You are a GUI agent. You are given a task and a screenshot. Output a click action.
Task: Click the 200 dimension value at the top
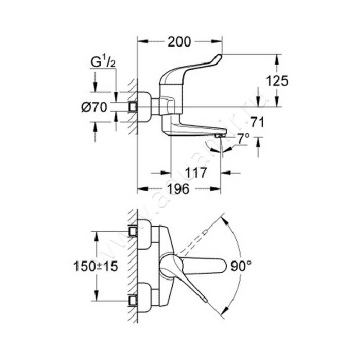[180, 42]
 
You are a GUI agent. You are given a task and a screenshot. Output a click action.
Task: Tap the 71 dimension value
[257, 121]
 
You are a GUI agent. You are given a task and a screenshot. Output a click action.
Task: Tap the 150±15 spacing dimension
[95, 265]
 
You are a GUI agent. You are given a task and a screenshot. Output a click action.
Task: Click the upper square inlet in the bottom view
[132, 231]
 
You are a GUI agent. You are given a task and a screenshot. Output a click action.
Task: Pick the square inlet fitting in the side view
[133, 107]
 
